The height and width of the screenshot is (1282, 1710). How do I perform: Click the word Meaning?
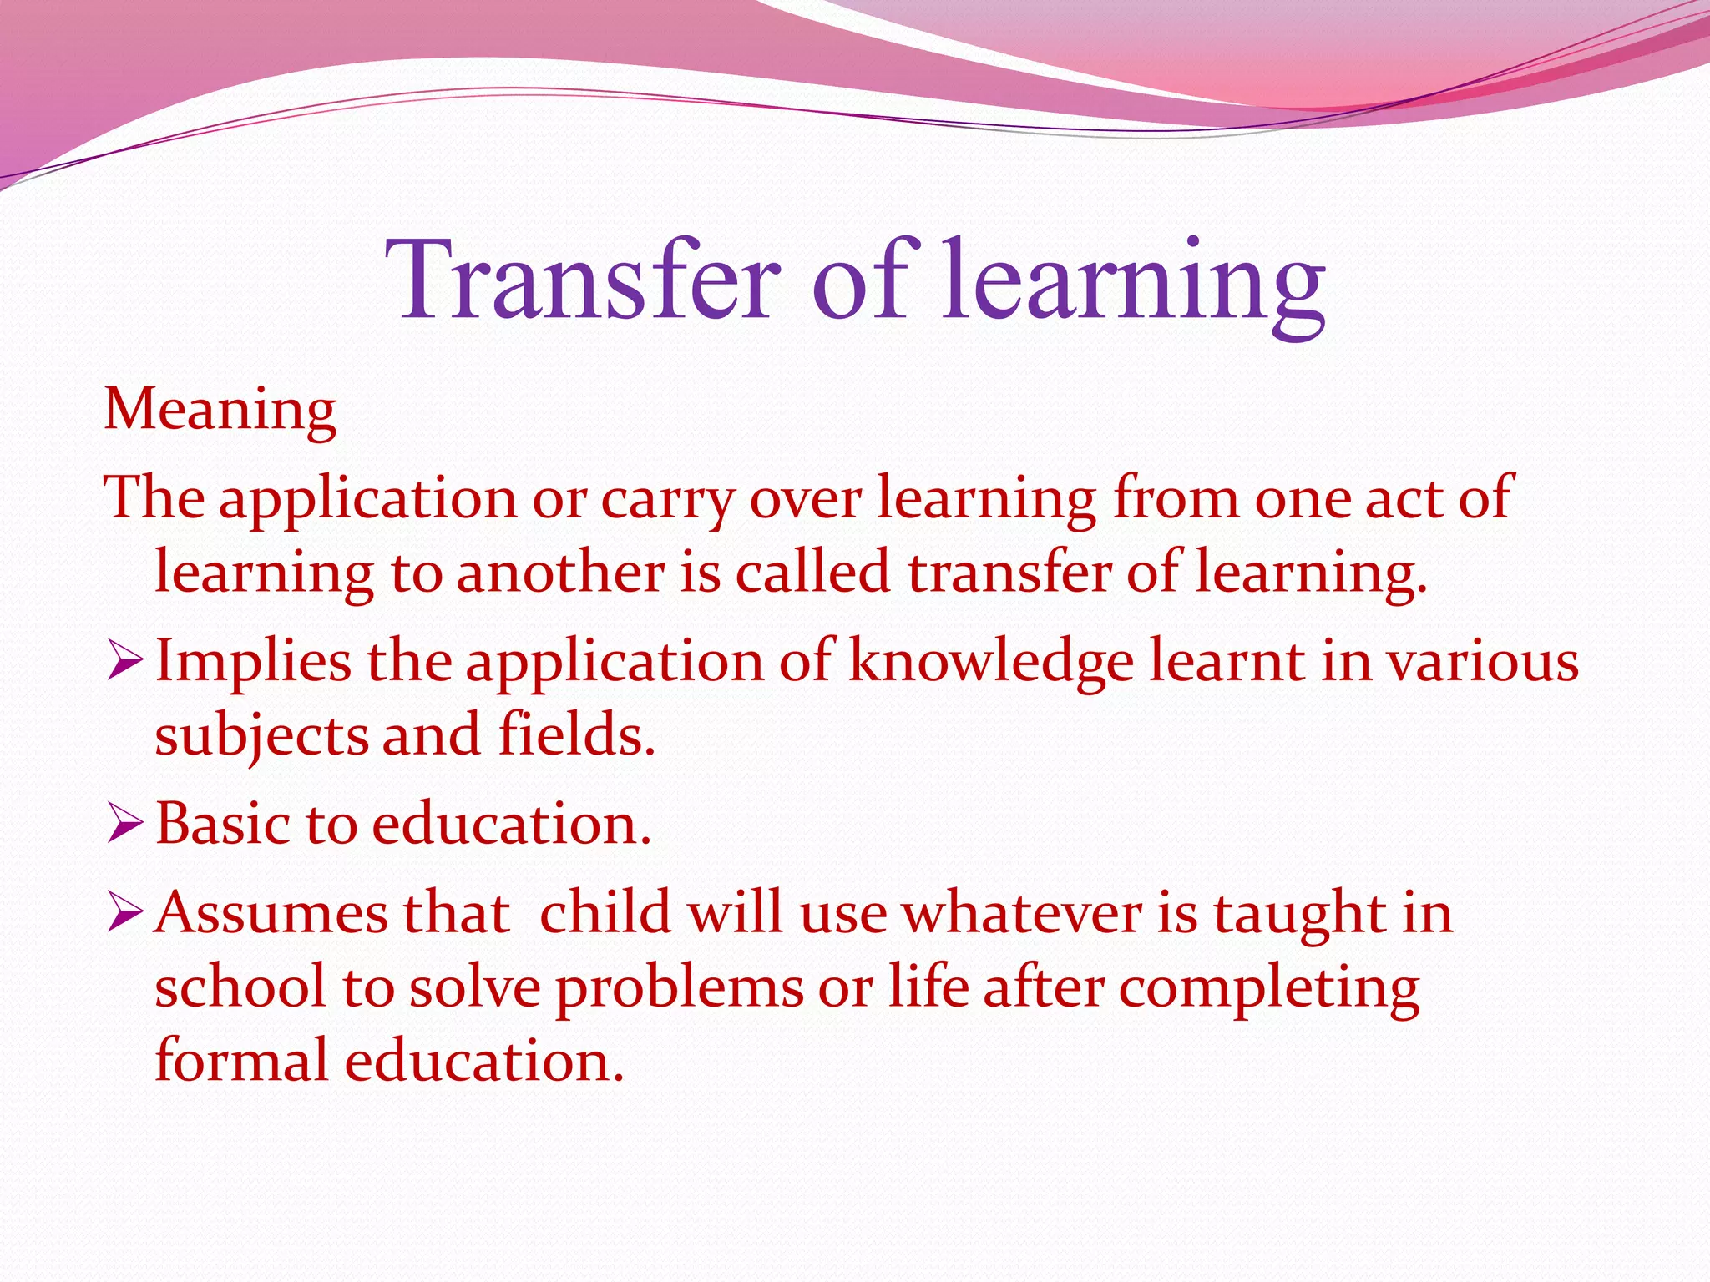(x=220, y=411)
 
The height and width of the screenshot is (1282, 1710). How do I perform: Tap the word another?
(x=560, y=574)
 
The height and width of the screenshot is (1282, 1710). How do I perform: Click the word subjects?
(x=261, y=736)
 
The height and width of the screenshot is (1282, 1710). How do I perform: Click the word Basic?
(x=222, y=825)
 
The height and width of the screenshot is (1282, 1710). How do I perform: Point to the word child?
(x=605, y=913)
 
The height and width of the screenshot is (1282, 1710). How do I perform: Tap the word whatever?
(x=1022, y=913)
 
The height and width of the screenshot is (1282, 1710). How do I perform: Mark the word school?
(x=240, y=988)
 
